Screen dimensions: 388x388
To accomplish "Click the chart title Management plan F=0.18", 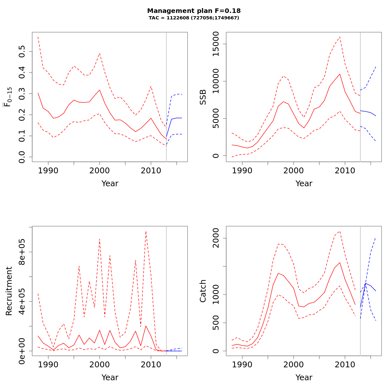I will (194, 11).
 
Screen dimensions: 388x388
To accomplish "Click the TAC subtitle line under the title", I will (194, 18).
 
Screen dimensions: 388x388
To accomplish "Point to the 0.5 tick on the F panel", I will (22, 51).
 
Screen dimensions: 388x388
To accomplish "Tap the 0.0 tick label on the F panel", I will (22, 157).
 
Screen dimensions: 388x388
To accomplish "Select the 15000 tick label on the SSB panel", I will (216, 44).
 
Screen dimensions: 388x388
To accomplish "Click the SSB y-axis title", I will (203, 97).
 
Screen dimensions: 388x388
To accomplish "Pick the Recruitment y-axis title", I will (9, 291).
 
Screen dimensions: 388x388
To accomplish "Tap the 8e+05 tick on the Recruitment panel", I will (22, 252).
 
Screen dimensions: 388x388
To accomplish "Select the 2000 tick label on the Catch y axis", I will (216, 238).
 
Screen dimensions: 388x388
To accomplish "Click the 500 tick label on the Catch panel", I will (216, 323).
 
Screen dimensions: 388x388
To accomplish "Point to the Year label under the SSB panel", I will (304, 184).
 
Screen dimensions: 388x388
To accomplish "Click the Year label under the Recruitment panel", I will (110, 378).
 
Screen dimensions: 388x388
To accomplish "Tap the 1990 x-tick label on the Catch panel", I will (242, 365).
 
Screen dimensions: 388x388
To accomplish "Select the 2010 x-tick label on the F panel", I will (151, 171).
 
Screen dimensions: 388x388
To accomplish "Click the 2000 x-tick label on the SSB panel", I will (293, 171).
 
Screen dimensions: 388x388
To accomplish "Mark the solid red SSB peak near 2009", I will (340, 74).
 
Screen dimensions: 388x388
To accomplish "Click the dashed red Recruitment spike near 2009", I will (146, 232).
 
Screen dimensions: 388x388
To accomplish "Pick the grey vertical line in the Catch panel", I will (360, 291).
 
